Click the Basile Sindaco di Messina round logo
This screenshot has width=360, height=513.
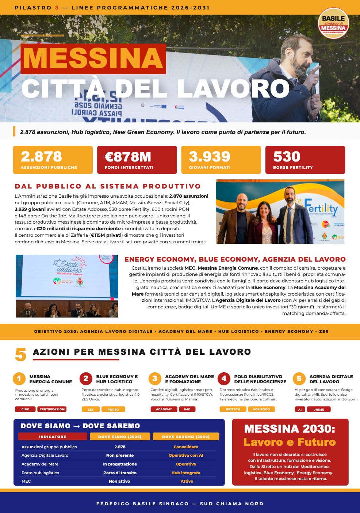click(x=333, y=23)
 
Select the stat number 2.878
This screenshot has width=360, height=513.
click(x=41, y=157)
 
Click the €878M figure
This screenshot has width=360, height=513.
click(x=128, y=157)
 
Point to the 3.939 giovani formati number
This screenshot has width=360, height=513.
click(x=210, y=157)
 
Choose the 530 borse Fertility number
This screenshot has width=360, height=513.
click(x=287, y=157)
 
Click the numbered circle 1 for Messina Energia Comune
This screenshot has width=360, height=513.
click(x=19, y=379)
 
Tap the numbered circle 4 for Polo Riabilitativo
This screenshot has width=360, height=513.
click(x=224, y=379)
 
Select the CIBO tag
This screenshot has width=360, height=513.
click(x=25, y=409)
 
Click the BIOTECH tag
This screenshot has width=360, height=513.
click(x=233, y=409)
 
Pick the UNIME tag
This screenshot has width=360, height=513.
click(x=318, y=410)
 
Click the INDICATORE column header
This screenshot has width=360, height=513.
click(x=53, y=437)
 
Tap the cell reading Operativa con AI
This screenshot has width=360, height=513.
click(x=186, y=455)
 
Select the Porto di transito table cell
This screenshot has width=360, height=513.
click(x=120, y=473)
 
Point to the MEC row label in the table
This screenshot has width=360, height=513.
click(x=26, y=481)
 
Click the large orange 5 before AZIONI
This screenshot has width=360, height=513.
click(x=21, y=354)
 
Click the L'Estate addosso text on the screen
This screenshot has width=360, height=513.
click(x=70, y=266)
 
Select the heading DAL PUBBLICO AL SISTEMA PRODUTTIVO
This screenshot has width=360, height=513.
click(x=108, y=186)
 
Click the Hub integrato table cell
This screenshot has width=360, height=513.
click(x=186, y=473)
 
